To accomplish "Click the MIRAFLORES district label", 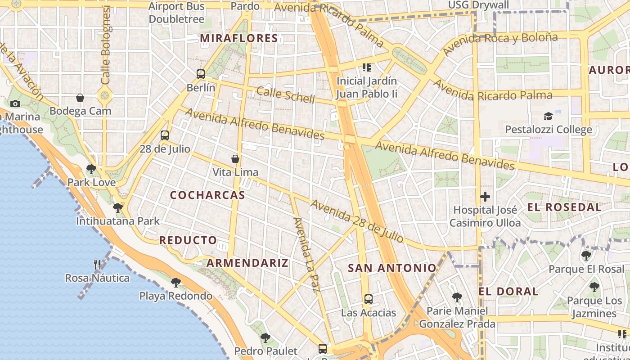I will pyautogui.click(x=239, y=38).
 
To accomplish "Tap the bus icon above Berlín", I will pyautogui.click(x=201, y=74).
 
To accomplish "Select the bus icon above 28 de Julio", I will pyautogui.click(x=165, y=135).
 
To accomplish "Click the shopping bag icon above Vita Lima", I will pyautogui.click(x=235, y=158).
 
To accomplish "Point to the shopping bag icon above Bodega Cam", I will pyautogui.click(x=80, y=97).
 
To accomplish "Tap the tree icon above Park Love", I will pyautogui.click(x=91, y=169).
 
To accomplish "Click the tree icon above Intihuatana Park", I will pyautogui.click(x=118, y=207).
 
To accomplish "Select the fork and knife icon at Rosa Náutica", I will pyautogui.click(x=97, y=264).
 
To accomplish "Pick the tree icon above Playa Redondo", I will pyautogui.click(x=176, y=282).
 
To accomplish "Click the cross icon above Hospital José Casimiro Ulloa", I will pyautogui.click(x=485, y=197).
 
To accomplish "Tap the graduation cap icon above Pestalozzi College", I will pyautogui.click(x=548, y=116).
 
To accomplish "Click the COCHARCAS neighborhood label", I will pyautogui.click(x=207, y=195).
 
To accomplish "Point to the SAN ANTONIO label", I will pyautogui.click(x=392, y=268).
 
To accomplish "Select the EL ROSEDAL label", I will pyautogui.click(x=564, y=207).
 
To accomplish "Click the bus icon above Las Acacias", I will pyautogui.click(x=369, y=299).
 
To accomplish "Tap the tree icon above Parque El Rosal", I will pyautogui.click(x=586, y=256).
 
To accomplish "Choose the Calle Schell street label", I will pyautogui.click(x=285, y=95).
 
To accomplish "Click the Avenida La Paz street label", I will pyautogui.click(x=306, y=255).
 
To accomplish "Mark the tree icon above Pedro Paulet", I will pyautogui.click(x=265, y=337).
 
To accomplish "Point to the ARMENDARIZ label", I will pyautogui.click(x=247, y=263).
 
